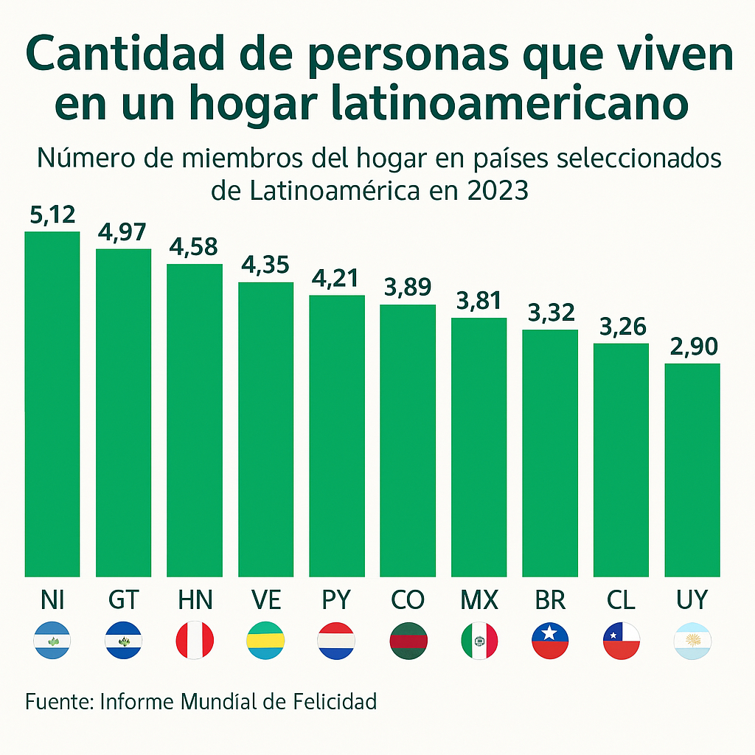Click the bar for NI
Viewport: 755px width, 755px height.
point(52,404)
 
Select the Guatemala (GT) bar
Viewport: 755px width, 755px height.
point(123,413)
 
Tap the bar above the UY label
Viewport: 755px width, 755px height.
point(692,470)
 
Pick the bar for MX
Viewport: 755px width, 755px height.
point(479,447)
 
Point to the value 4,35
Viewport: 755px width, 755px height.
point(265,265)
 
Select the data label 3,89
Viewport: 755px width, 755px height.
point(408,288)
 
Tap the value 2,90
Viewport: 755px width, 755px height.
point(692,347)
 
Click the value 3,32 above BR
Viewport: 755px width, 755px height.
point(550,313)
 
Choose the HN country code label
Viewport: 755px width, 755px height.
point(195,600)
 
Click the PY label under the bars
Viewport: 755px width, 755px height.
point(336,600)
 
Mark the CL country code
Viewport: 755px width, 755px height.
point(621,600)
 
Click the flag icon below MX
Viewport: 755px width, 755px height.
point(479,640)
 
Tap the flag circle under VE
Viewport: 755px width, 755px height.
point(265,640)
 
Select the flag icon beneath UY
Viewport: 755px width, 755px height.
point(692,640)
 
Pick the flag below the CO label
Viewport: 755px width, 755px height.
point(408,640)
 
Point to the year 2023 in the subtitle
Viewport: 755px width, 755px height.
point(497,190)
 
